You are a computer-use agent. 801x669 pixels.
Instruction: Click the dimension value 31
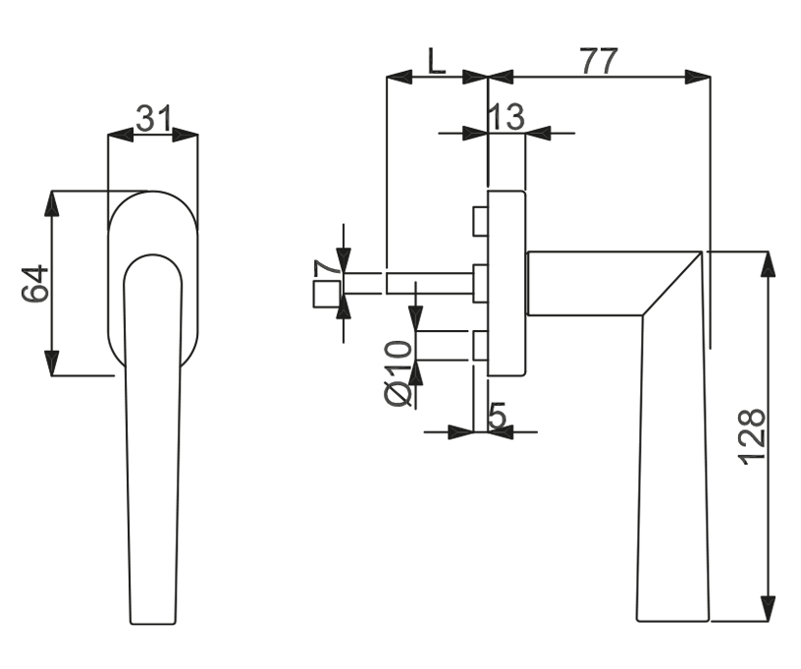[x=154, y=119]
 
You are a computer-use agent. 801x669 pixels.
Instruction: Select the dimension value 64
[x=35, y=283]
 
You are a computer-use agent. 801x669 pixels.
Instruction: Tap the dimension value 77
[x=599, y=61]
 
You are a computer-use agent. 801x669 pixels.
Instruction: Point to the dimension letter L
[x=436, y=61]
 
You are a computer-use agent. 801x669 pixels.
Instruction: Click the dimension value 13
[x=507, y=117]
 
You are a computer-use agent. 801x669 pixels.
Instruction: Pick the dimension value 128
[x=753, y=437]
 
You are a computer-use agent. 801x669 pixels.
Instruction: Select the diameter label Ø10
[x=398, y=374]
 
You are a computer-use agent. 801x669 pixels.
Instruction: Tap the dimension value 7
[x=327, y=268]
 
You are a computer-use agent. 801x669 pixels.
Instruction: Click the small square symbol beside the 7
[x=327, y=295]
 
